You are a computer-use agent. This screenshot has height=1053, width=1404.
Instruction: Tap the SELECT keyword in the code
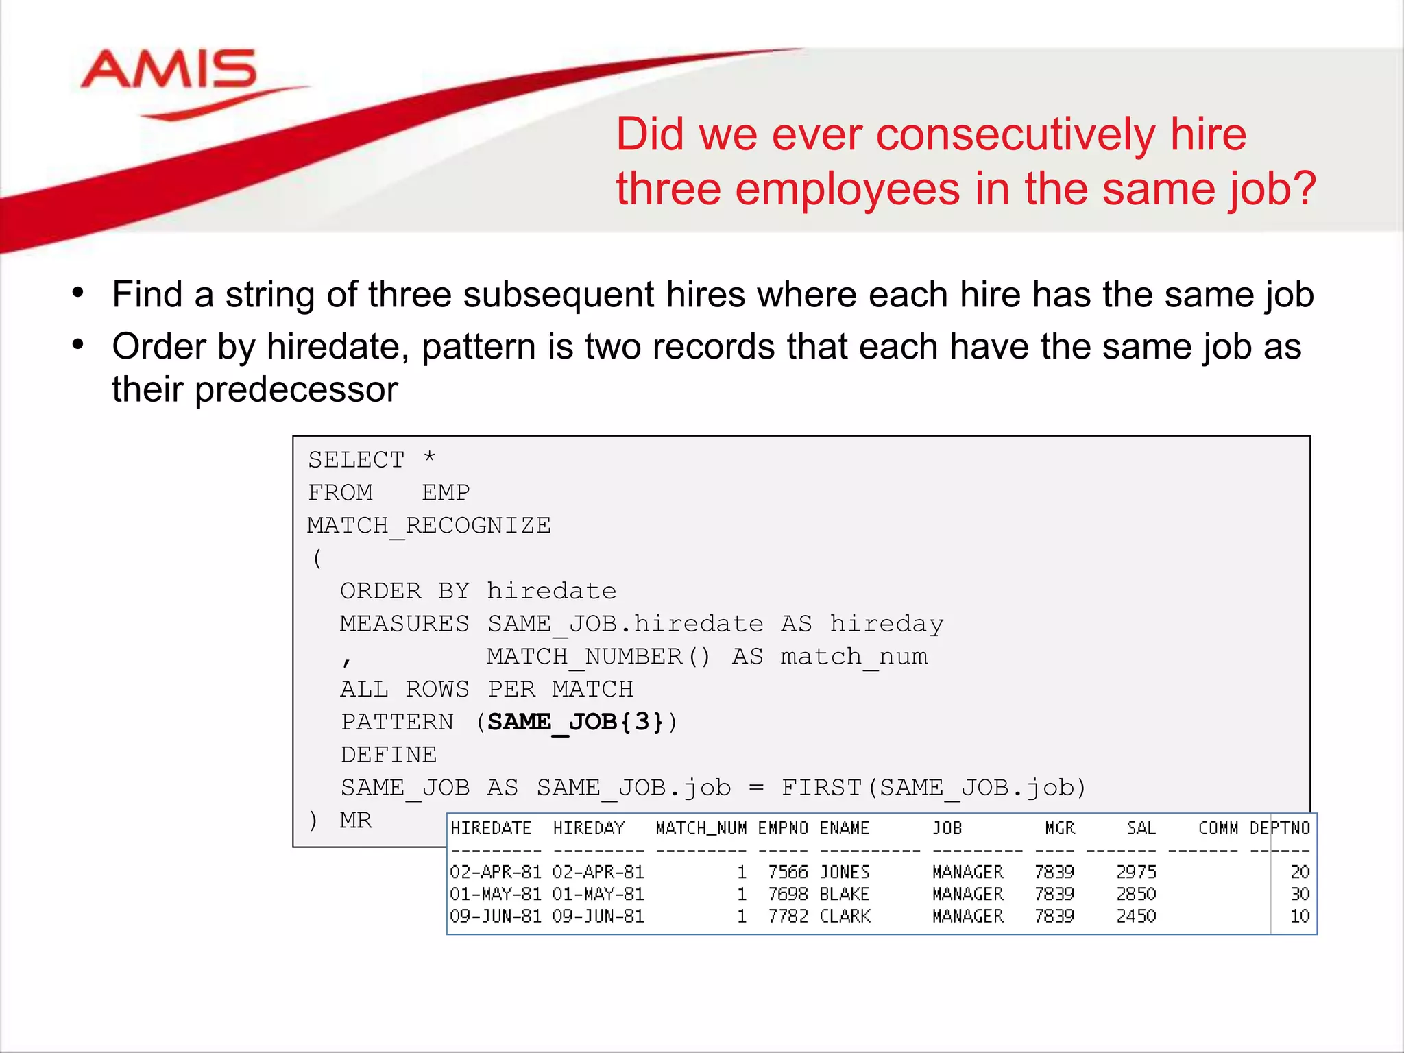[356, 460]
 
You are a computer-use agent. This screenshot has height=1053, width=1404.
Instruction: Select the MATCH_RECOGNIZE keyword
[429, 526]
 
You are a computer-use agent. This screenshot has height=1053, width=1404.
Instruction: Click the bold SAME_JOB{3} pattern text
[576, 722]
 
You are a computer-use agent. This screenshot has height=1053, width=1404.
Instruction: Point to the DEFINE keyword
[389, 755]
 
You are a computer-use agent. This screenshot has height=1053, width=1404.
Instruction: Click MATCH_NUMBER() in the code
[598, 657]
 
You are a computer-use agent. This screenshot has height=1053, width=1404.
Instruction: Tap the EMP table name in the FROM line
[446, 493]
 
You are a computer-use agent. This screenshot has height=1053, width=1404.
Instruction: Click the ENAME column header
[845, 829]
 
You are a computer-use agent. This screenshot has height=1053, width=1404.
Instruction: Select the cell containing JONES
[845, 872]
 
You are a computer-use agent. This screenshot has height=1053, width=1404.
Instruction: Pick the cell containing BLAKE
[845, 894]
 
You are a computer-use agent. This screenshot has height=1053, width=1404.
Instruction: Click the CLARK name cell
[845, 916]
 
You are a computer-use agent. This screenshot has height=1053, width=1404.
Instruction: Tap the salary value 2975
[1136, 872]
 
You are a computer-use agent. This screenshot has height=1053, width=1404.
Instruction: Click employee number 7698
[788, 894]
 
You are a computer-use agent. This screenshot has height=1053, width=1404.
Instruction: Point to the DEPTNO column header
[1280, 829]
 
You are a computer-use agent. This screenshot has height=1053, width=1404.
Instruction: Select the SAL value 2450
[1136, 916]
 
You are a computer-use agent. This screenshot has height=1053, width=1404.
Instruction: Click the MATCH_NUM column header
[701, 829]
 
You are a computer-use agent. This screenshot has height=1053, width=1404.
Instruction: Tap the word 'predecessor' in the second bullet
[296, 390]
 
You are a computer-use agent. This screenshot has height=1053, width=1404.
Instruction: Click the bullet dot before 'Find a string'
[78, 293]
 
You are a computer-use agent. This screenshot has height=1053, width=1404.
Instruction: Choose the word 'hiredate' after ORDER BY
[552, 591]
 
